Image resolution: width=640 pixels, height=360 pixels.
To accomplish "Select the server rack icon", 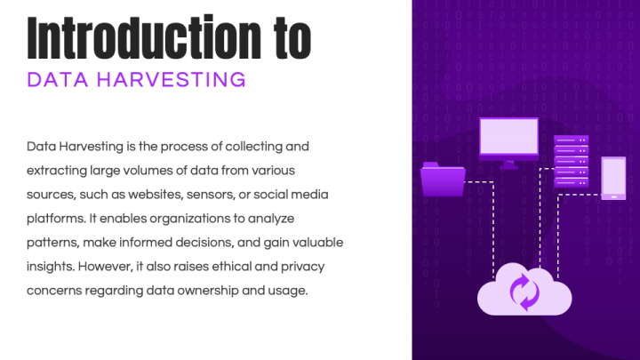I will coord(572,161).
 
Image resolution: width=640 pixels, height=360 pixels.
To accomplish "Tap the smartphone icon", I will coord(614,178).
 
